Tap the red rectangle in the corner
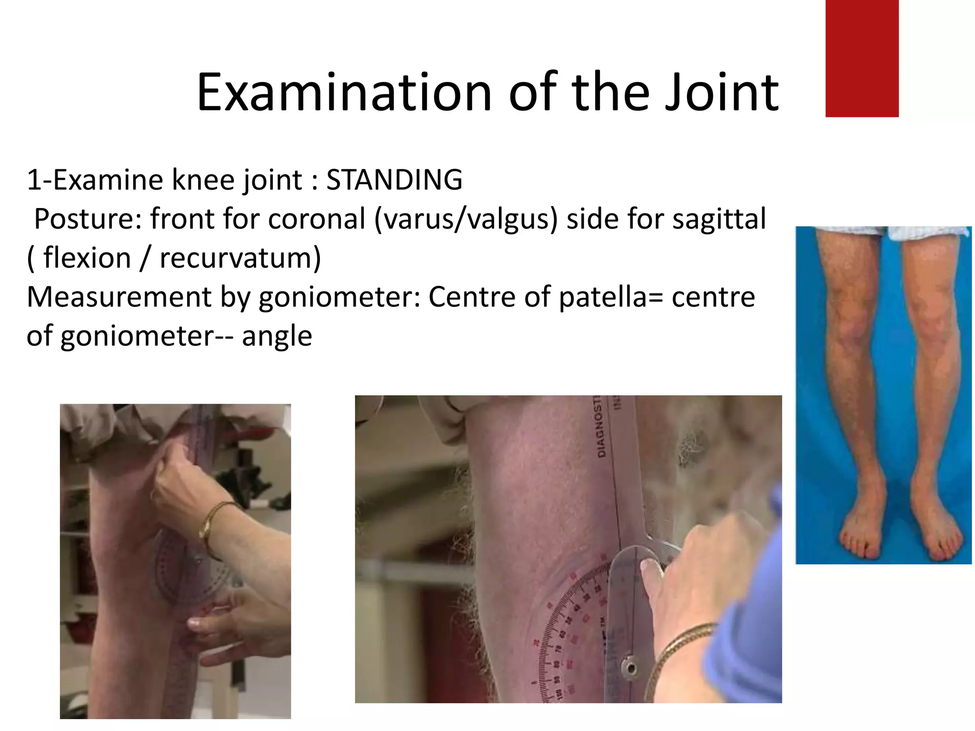click(x=862, y=58)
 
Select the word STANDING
click(x=394, y=180)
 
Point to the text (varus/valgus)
click(x=466, y=219)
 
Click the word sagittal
click(x=718, y=219)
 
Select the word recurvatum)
click(x=240, y=258)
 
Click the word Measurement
click(x=119, y=297)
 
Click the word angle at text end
click(x=277, y=336)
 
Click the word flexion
click(x=87, y=258)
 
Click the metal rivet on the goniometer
click(x=631, y=668)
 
